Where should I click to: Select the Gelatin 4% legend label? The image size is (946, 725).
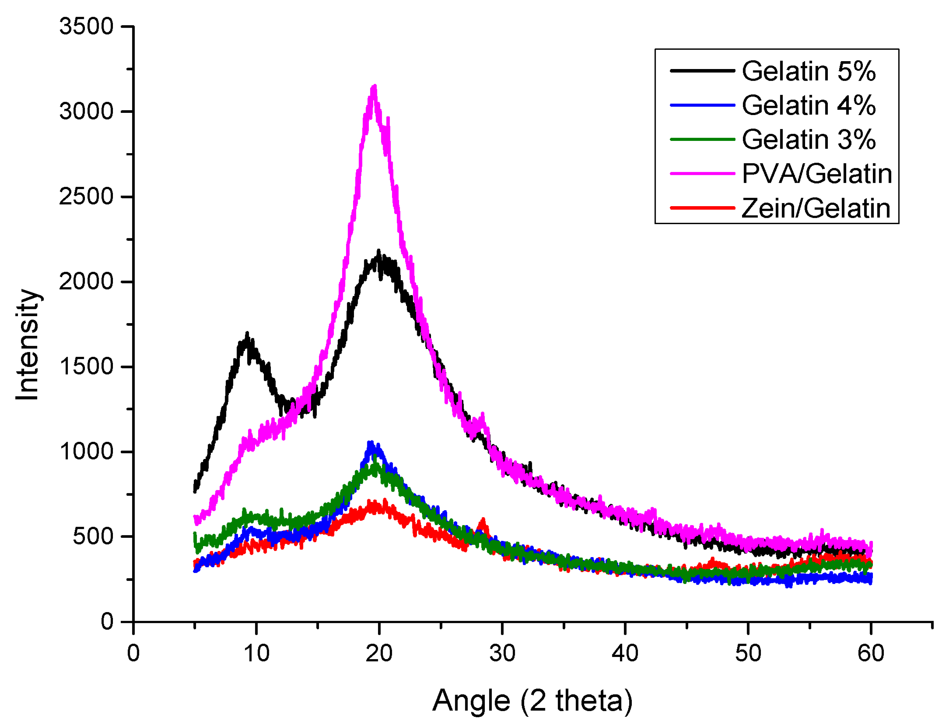click(808, 105)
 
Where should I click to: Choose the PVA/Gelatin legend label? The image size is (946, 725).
click(816, 174)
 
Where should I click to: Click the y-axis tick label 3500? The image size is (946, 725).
click(86, 26)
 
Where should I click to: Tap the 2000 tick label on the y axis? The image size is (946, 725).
click(86, 282)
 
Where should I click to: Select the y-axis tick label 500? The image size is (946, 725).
click(93, 537)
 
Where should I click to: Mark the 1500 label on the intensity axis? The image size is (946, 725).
click(86, 367)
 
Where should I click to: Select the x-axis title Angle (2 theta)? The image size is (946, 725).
click(532, 700)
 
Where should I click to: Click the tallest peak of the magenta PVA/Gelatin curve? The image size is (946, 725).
click(374, 88)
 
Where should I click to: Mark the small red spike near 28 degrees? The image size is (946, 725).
click(483, 521)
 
